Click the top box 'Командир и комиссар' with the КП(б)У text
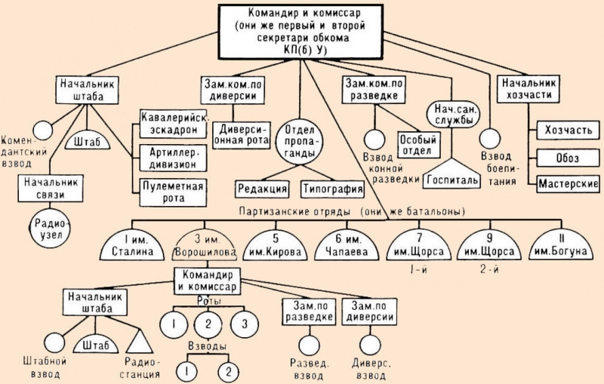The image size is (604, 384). pyautogui.click(x=300, y=32)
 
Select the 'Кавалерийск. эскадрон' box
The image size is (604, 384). pyautogui.click(x=173, y=124)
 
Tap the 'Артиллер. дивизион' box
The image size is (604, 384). pyautogui.click(x=173, y=158)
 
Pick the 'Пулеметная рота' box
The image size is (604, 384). pyautogui.click(x=173, y=192)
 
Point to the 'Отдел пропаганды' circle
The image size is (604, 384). pyautogui.click(x=299, y=142)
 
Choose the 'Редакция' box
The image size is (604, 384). pyautogui.click(x=262, y=189)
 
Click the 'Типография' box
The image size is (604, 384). pyautogui.click(x=332, y=189)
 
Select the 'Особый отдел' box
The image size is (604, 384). pyautogui.click(x=418, y=145)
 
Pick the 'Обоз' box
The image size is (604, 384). pyautogui.click(x=568, y=158)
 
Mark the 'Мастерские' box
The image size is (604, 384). pyautogui.click(x=568, y=183)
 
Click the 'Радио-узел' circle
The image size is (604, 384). pyautogui.click(x=51, y=229)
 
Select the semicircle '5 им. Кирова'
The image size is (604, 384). pyautogui.click(x=276, y=246)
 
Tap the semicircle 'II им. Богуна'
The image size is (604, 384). pyautogui.click(x=560, y=246)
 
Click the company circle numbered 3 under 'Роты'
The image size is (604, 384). pyautogui.click(x=245, y=324)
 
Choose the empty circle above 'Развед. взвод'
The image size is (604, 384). pyautogui.click(x=309, y=345)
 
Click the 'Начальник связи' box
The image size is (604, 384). pyautogui.click(x=51, y=188)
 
